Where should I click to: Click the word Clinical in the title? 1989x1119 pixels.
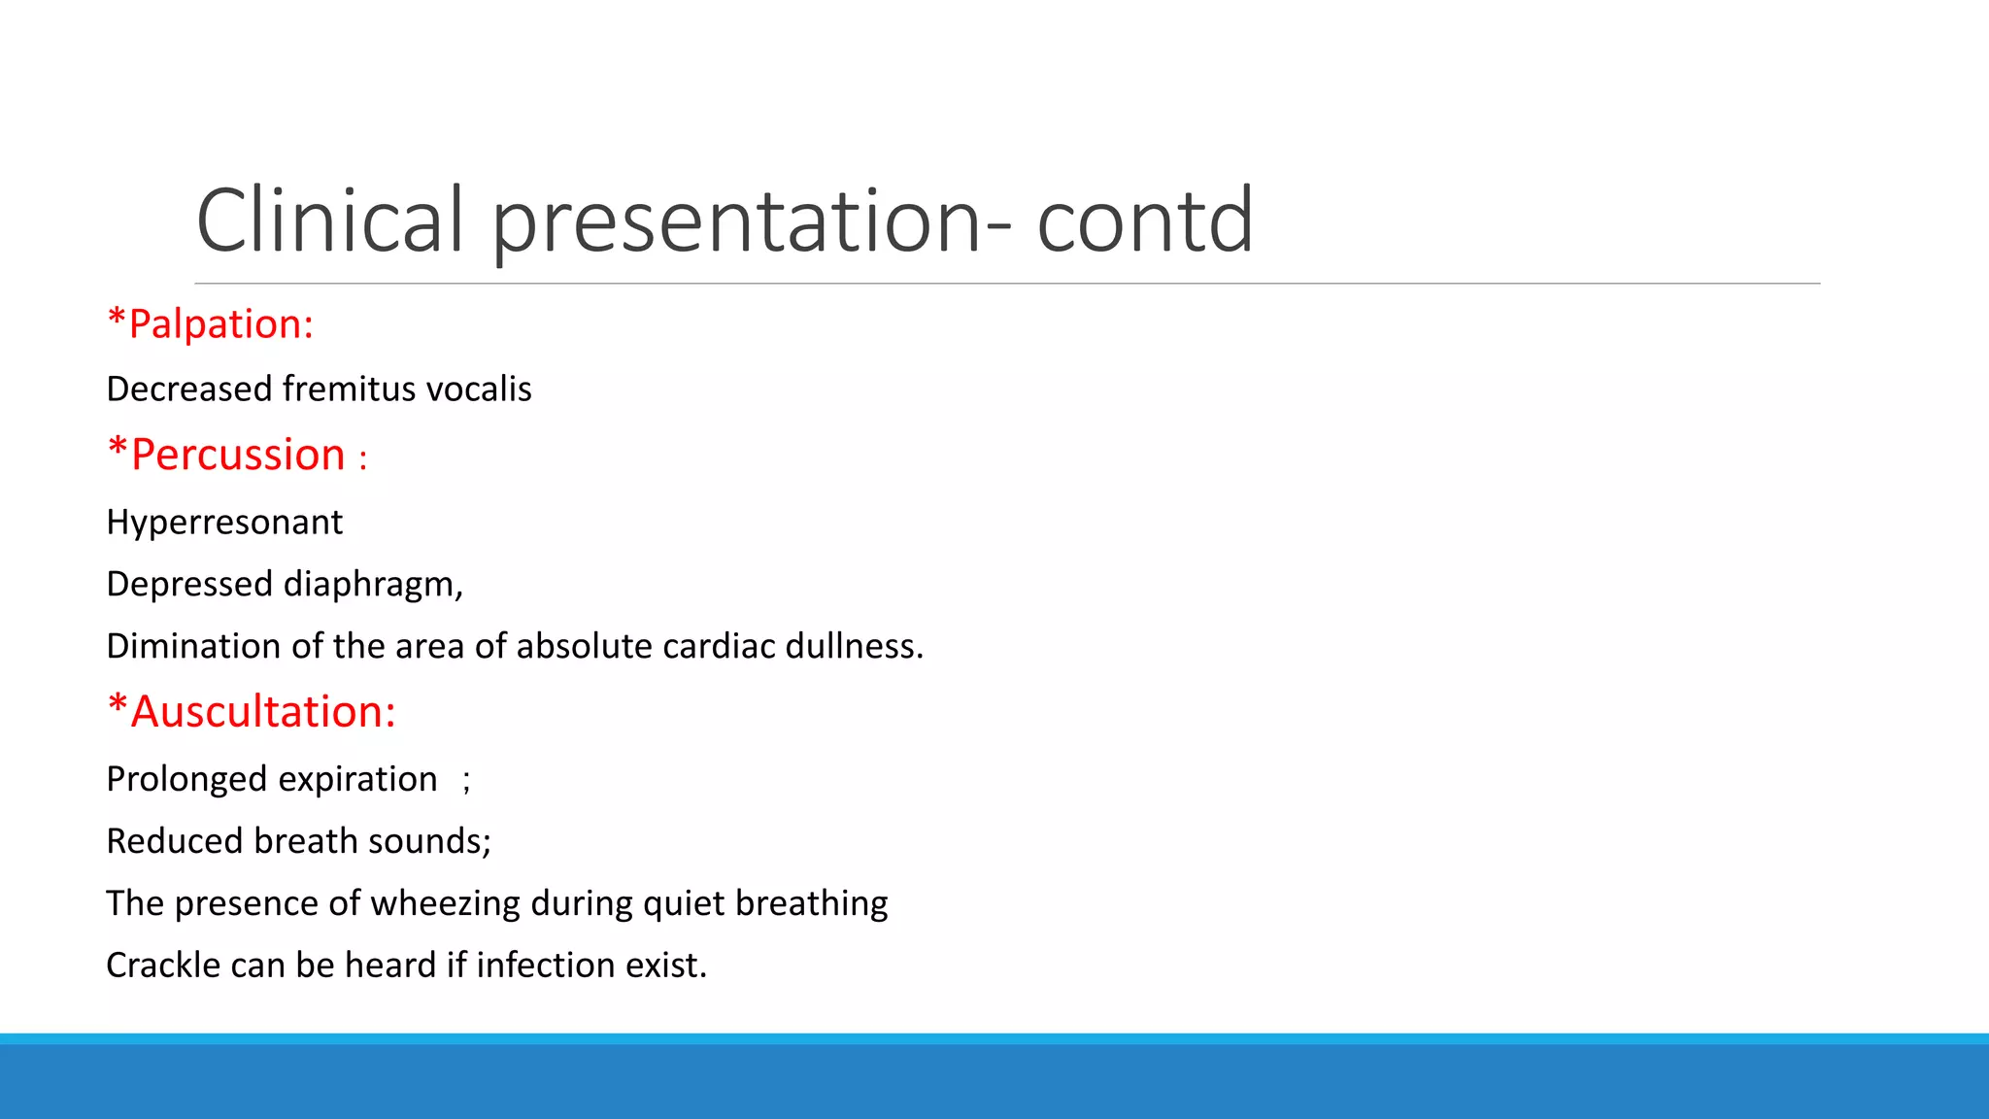click(x=330, y=220)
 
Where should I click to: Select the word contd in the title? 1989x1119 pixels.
click(x=1145, y=222)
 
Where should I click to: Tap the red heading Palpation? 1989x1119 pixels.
click(x=220, y=324)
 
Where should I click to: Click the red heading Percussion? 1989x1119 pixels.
click(x=238, y=455)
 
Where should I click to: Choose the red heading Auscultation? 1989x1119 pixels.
click(x=263, y=712)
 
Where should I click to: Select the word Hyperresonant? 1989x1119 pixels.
click(x=224, y=523)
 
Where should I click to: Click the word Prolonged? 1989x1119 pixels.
click(x=186, y=780)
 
